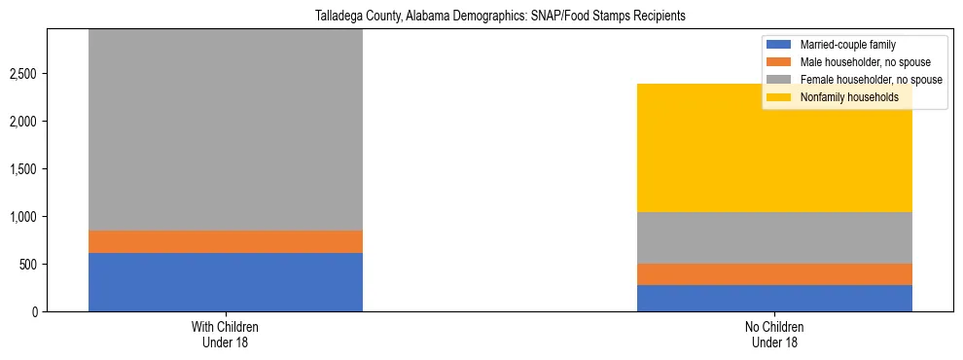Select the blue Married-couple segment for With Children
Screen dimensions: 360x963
pos(226,282)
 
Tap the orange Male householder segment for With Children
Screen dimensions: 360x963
pos(226,241)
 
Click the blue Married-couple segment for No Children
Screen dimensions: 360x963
pos(774,298)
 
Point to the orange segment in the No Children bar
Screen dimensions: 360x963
pos(774,274)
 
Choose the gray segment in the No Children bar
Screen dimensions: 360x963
pos(774,237)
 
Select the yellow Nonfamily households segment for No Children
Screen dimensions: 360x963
pos(774,148)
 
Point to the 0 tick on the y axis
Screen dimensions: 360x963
pos(38,312)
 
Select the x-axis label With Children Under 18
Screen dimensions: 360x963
pos(226,335)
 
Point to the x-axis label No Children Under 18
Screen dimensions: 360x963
pos(774,335)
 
